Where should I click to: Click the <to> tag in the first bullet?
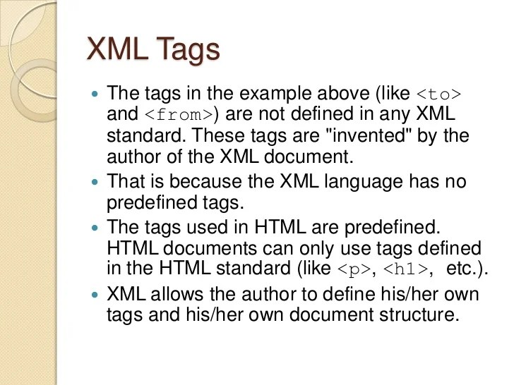[x=438, y=94]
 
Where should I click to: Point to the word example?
[x=285, y=94]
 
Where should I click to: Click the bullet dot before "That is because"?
[x=97, y=182]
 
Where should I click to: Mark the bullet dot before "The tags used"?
[x=97, y=228]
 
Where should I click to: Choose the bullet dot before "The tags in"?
[x=97, y=94]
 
